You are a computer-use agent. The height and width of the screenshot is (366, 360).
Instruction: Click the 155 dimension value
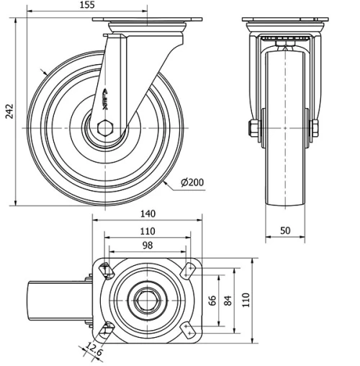point(86,5)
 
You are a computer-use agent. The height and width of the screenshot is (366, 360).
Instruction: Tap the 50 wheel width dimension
point(285,230)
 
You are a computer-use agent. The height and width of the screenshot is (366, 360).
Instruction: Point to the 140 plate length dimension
point(148,214)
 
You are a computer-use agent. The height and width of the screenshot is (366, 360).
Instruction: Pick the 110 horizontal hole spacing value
point(148,231)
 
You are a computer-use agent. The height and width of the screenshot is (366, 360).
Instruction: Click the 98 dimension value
point(148,246)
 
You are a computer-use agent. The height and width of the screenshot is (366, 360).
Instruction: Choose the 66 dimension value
point(212,300)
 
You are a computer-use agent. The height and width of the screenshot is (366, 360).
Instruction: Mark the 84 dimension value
point(228,300)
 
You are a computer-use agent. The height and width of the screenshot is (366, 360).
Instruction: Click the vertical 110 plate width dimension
point(247,300)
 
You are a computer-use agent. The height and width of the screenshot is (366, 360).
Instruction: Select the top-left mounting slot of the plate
point(107,270)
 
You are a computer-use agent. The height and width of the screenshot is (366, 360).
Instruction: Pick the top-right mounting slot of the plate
point(189,270)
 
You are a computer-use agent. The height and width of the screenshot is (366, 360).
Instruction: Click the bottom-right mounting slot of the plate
point(189,329)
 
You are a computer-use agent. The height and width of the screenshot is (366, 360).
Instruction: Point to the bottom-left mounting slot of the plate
point(107,330)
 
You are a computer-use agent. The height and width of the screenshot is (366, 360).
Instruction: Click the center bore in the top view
point(148,300)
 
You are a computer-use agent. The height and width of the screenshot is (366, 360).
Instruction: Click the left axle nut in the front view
point(253,129)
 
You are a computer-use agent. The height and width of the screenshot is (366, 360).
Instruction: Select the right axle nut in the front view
point(315,129)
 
